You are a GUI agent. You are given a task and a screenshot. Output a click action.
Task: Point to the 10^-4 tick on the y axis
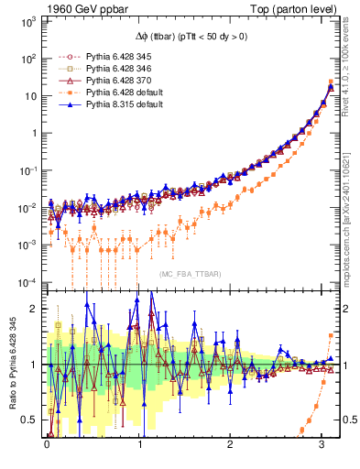[x=29, y=281]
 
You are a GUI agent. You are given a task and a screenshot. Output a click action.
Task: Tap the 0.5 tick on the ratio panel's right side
[x=346, y=420]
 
